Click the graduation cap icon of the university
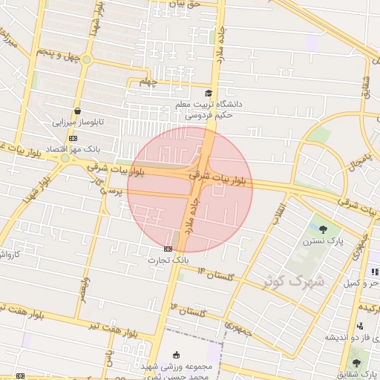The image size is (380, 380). tap(209, 94)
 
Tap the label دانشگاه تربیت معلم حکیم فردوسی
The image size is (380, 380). tap(209, 111)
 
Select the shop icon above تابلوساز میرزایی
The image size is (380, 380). tap(77, 111)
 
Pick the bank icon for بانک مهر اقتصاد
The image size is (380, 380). tap(72, 138)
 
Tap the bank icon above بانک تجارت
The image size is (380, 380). tap(168, 249)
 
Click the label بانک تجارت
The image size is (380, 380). tap(168, 261)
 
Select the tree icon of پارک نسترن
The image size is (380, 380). tap(322, 229)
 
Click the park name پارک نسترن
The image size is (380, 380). tap(321, 241)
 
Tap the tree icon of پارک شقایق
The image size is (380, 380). tap(356, 363)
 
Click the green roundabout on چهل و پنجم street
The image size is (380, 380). tap(86, 59)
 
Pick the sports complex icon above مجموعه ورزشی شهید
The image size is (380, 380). tap(176, 355)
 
